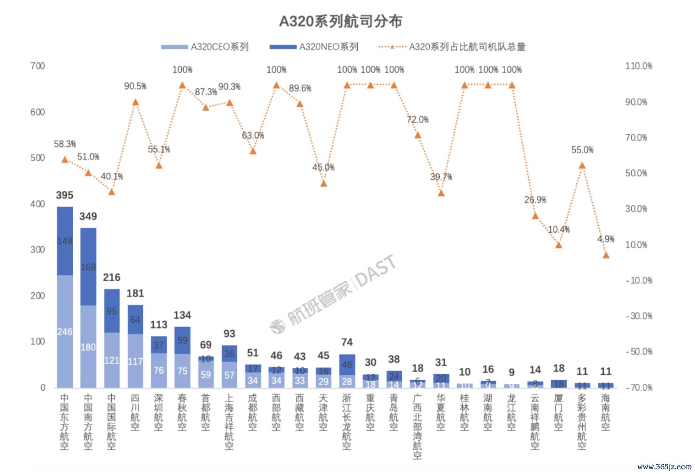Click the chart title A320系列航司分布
pyautogui.click(x=340, y=21)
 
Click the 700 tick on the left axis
pyautogui.click(x=38, y=66)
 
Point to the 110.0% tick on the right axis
pyautogui.click(x=638, y=66)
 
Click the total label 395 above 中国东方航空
pyautogui.click(x=65, y=195)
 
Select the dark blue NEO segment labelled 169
pyautogui.click(x=88, y=267)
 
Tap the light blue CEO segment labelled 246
pyautogui.click(x=65, y=332)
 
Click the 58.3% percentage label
pyautogui.click(x=65, y=144)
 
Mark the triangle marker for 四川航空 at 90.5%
pyautogui.click(x=135, y=102)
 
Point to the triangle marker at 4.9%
pyautogui.click(x=606, y=255)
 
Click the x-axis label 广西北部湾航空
pyautogui.click(x=417, y=426)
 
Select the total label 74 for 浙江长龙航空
pyautogui.click(x=347, y=342)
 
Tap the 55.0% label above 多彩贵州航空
pyautogui.click(x=582, y=150)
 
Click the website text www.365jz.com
pyautogui.click(x=664, y=466)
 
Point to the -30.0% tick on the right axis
pyautogui.click(x=639, y=316)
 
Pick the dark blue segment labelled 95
pyautogui.click(x=112, y=311)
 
